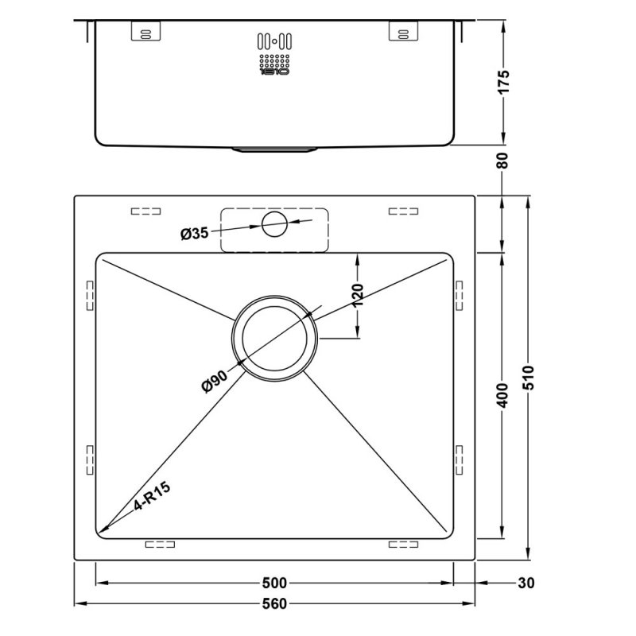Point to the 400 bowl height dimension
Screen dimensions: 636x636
[x=502, y=394]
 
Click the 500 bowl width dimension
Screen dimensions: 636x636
[x=274, y=584]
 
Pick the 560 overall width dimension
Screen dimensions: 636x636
[x=274, y=604]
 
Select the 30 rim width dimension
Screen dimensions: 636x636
[x=525, y=584]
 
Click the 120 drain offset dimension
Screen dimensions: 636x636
[x=357, y=295]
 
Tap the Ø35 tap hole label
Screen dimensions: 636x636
[x=194, y=233]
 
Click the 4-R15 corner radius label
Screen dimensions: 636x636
[x=153, y=498]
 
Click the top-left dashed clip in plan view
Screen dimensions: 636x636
[x=145, y=211]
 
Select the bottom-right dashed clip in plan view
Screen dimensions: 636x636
[x=403, y=545]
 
